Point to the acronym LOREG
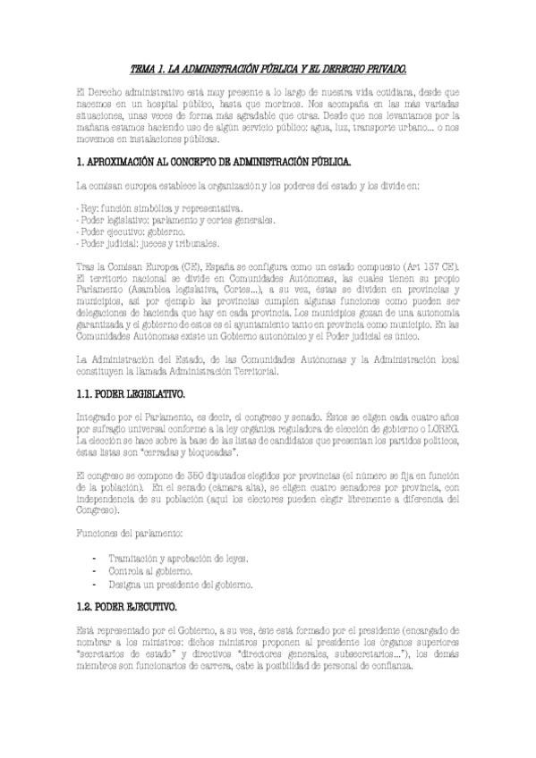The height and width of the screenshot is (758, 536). (x=443, y=429)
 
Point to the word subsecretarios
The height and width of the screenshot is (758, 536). (x=346, y=653)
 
